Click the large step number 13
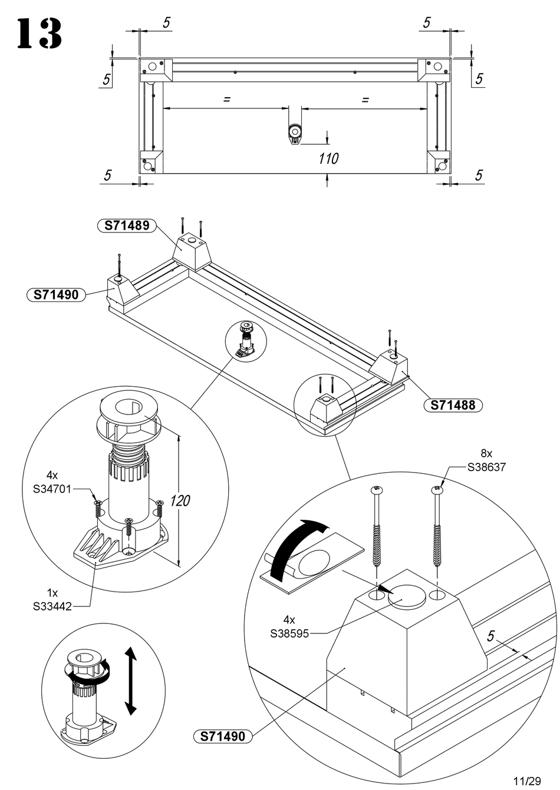click(39, 34)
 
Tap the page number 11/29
click(527, 780)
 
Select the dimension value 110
click(328, 159)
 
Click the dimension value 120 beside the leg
click(180, 500)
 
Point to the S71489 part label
click(127, 225)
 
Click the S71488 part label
click(453, 405)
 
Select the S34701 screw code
click(52, 490)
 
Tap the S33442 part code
click(52, 606)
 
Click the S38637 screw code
click(486, 467)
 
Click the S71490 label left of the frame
click(56, 294)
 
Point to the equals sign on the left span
click(227, 99)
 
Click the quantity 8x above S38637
click(486, 453)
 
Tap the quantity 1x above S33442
click(52, 592)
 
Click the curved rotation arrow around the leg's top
click(89, 672)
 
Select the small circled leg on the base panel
click(246, 341)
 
